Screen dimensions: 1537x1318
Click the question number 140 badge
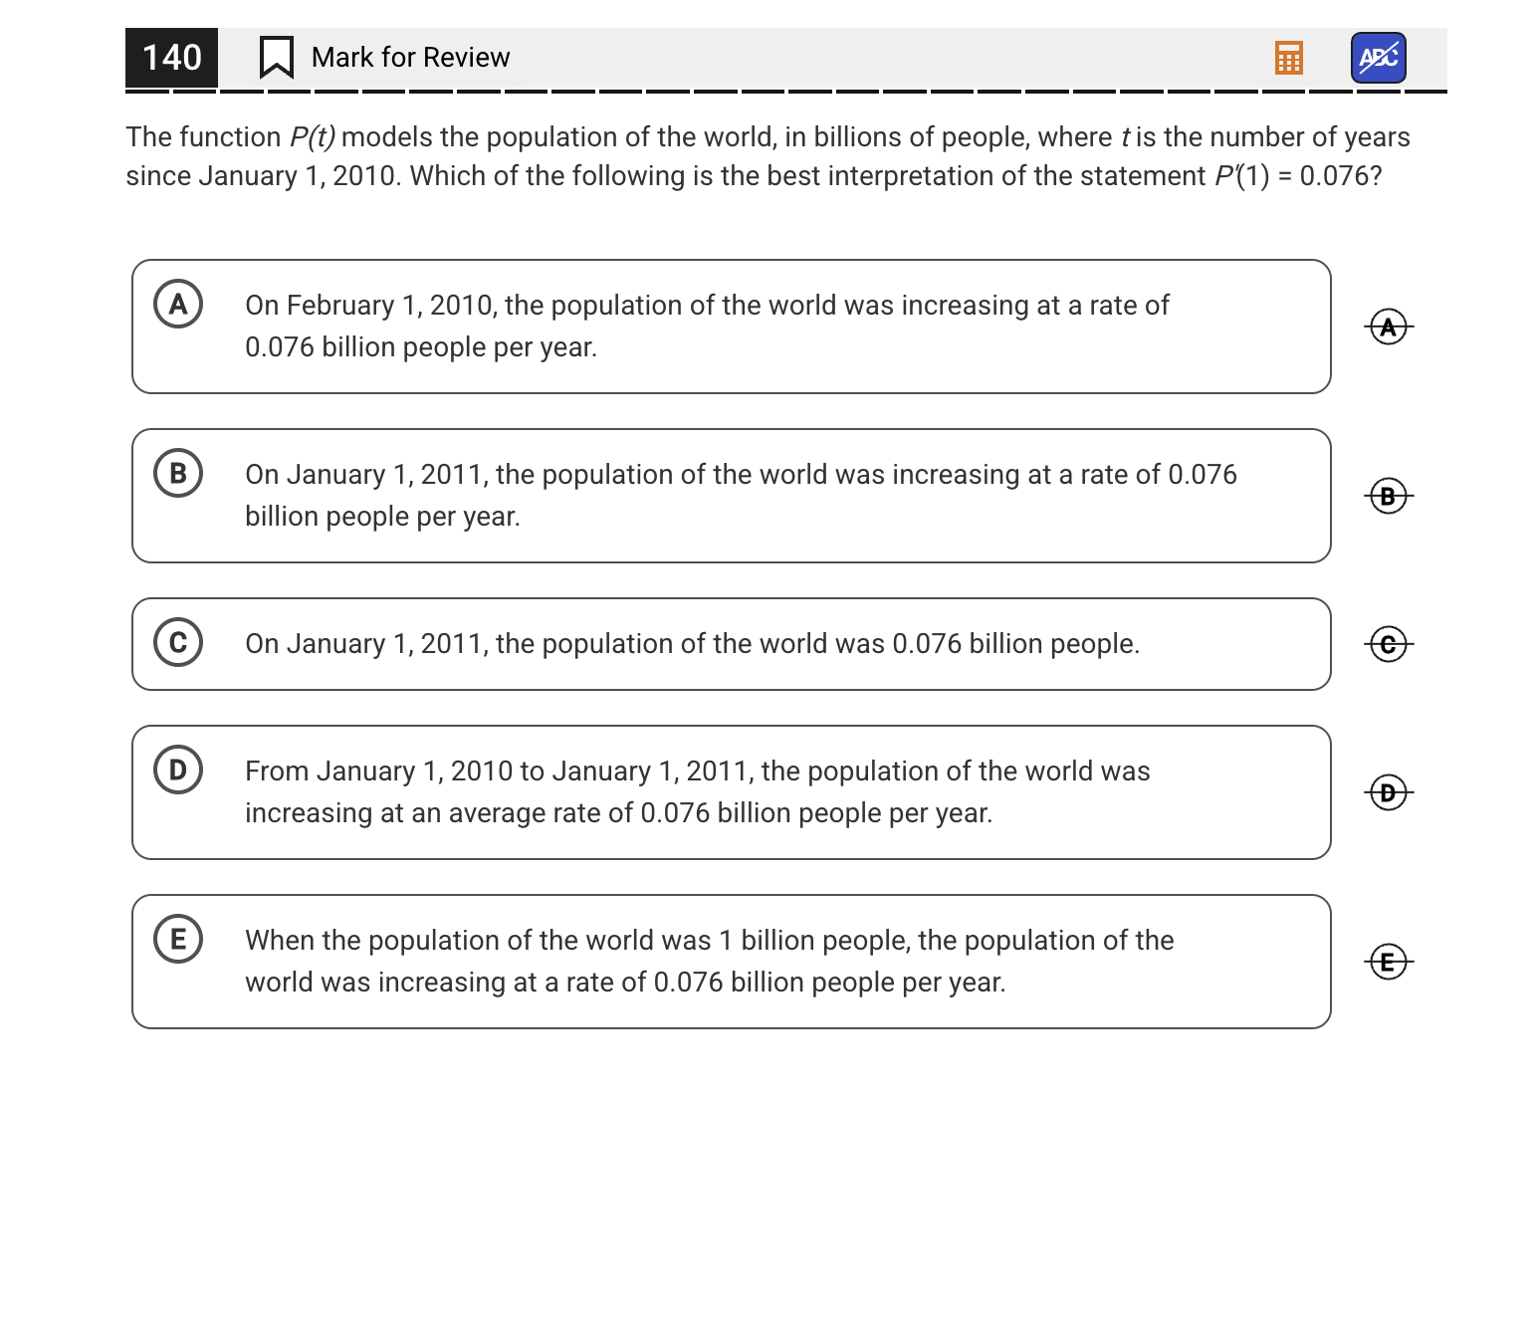pos(171,58)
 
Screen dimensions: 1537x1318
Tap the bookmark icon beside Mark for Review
pos(276,58)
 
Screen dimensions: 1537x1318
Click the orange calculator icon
pos(1288,58)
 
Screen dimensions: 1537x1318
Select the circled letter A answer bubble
pos(178,304)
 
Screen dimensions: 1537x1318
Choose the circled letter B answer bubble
pos(178,473)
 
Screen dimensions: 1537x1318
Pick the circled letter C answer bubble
pos(178,642)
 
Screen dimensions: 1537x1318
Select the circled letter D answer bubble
pos(178,769)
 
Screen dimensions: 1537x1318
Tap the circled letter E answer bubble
pos(178,939)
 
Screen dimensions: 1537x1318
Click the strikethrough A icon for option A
pos(1388,327)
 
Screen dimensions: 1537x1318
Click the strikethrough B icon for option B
pos(1388,496)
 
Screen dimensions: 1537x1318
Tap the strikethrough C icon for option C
pos(1388,644)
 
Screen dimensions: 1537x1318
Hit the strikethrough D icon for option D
pos(1388,792)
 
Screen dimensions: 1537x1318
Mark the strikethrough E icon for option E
pos(1388,962)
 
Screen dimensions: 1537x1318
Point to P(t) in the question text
pos(312,137)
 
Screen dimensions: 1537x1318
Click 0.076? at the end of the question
pos(1340,176)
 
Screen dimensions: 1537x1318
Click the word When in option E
pos(280,941)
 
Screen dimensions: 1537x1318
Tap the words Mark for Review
pos(410,58)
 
